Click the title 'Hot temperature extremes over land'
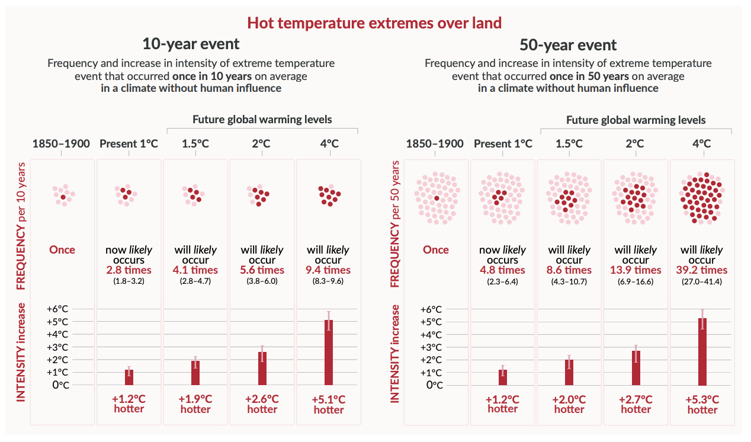click(374, 23)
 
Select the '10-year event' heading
click(191, 44)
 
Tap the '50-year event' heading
click(568, 45)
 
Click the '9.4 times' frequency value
click(329, 270)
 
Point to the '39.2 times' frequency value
click(702, 270)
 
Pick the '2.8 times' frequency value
click(129, 270)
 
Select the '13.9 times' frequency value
click(636, 270)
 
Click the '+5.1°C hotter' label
click(329, 404)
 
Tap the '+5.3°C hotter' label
click(702, 404)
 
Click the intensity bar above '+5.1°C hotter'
click(329, 353)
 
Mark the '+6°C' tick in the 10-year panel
click(66, 309)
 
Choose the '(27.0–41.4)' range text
click(702, 281)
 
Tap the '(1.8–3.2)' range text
click(129, 281)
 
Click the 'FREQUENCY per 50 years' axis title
click(395, 225)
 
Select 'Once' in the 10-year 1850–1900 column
click(62, 249)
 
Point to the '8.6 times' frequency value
click(569, 270)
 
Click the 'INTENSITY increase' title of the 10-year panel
click(21, 353)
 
